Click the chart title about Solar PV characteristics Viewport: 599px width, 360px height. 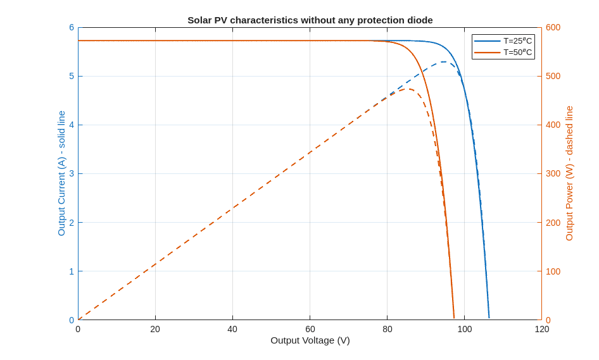(310, 20)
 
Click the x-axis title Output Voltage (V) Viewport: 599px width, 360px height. (310, 340)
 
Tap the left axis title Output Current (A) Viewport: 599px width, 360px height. (61, 173)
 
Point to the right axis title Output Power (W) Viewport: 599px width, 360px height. (569, 173)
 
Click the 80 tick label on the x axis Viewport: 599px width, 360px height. (387, 329)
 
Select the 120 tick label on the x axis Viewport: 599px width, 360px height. (541, 329)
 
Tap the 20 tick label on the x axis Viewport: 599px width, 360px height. (155, 329)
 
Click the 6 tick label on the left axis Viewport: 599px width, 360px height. (72, 27)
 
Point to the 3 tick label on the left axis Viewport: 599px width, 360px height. (72, 173)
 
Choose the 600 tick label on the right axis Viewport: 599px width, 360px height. (553, 27)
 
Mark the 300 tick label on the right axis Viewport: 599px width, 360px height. (553, 173)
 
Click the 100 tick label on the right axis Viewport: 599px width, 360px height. (553, 271)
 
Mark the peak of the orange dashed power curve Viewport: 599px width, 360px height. (409, 89)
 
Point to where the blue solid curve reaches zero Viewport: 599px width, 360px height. (489, 318)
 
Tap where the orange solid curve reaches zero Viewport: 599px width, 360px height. (454, 318)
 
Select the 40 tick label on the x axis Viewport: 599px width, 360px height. (232, 329)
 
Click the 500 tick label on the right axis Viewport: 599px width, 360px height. (553, 76)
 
